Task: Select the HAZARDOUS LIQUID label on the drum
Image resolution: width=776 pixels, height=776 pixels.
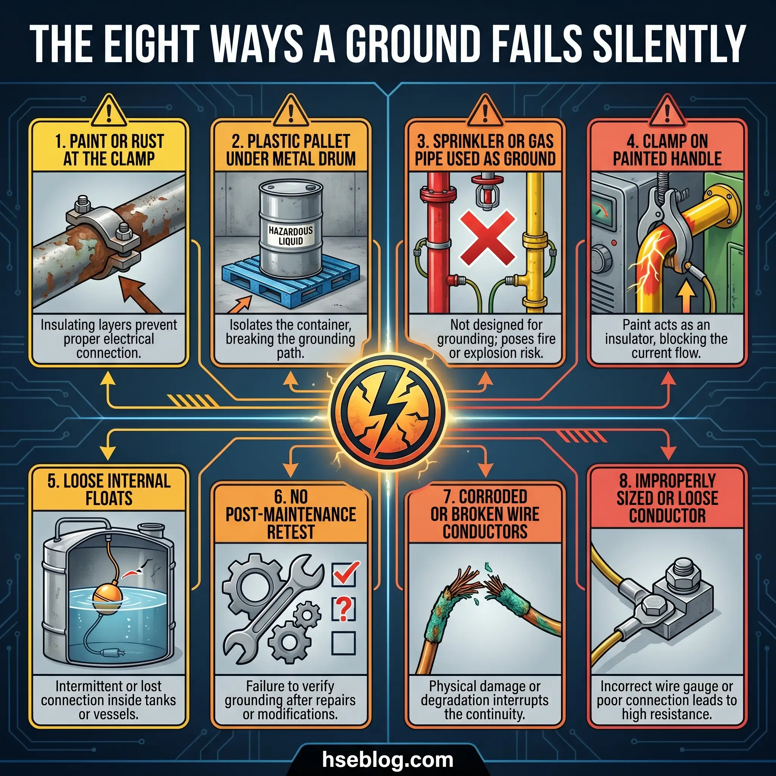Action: pyautogui.click(x=291, y=236)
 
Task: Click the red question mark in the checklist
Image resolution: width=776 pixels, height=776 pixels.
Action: pyautogui.click(x=343, y=609)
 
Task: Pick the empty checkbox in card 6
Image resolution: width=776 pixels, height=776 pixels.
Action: pyautogui.click(x=343, y=643)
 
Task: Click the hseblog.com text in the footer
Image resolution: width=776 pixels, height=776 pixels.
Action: pyautogui.click(x=388, y=760)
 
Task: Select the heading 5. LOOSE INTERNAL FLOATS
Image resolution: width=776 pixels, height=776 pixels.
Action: pyautogui.click(x=109, y=490)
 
